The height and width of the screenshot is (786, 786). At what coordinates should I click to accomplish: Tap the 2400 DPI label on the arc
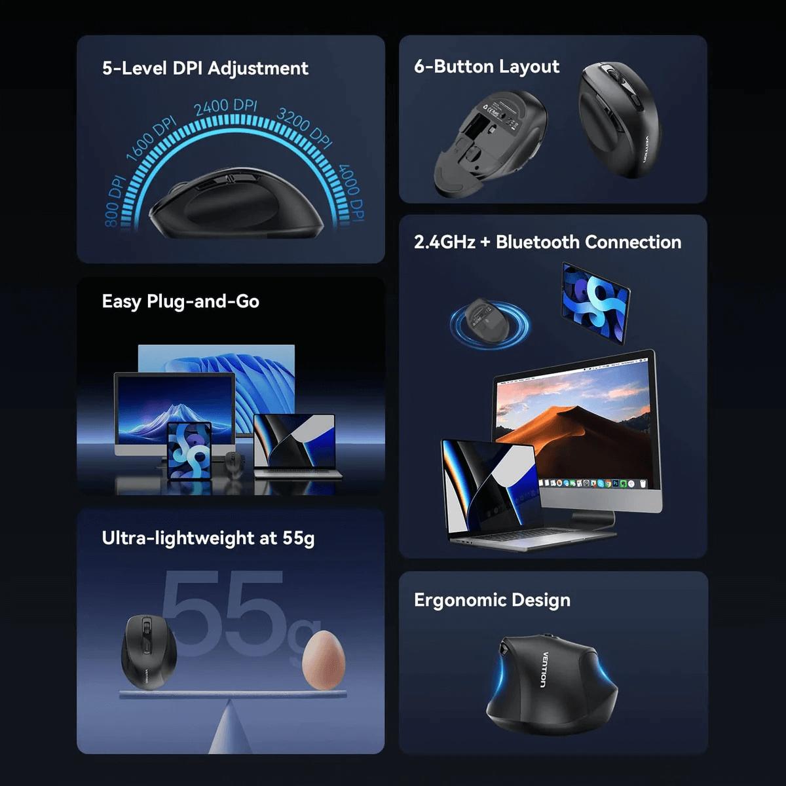(x=226, y=106)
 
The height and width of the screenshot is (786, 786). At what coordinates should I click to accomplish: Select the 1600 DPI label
(x=151, y=139)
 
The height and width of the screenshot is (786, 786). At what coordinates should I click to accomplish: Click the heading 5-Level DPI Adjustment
(x=205, y=69)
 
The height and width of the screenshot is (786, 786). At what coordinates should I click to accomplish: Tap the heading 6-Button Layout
(x=487, y=67)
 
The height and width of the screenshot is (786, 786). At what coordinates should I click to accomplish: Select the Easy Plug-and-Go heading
(x=181, y=301)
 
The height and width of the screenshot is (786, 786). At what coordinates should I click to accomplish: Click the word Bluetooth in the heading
(x=538, y=242)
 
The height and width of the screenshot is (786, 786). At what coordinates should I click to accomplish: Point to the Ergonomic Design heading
(x=492, y=600)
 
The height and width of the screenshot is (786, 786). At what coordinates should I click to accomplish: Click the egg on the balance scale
(x=323, y=660)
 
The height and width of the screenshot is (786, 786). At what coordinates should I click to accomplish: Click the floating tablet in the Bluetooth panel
(x=595, y=301)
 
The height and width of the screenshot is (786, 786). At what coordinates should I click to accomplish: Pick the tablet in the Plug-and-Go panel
(x=189, y=451)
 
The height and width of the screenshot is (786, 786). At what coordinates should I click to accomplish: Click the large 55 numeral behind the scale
(x=223, y=612)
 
